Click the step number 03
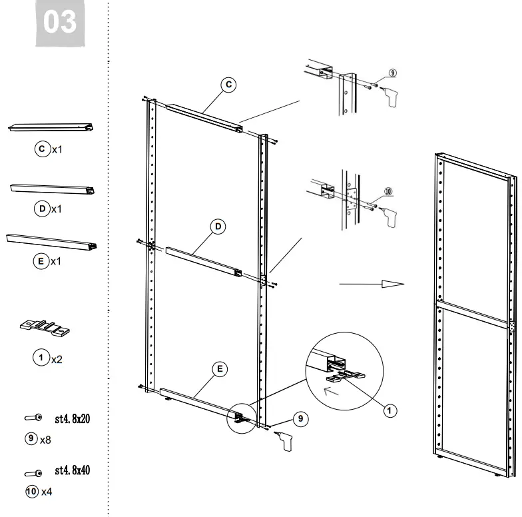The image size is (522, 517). (60, 23)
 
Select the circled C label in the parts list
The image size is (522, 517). (42, 149)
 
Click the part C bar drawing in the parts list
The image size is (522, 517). (51, 128)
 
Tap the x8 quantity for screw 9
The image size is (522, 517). (46, 440)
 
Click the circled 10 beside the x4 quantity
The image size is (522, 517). (31, 492)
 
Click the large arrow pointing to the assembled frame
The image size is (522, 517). (372, 284)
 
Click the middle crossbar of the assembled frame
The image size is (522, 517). (473, 313)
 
